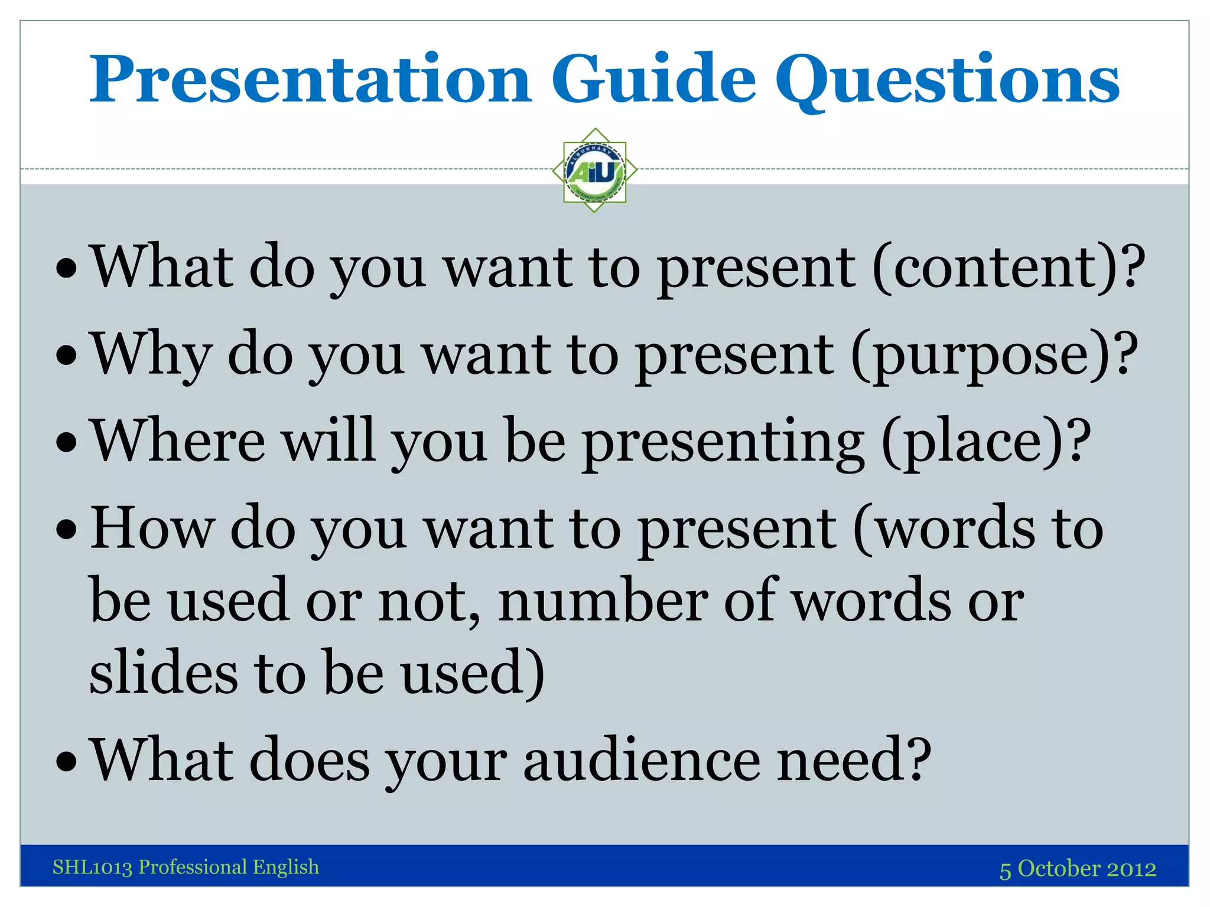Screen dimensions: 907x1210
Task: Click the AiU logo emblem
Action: [x=595, y=171]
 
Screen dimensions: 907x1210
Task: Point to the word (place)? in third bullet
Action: [x=985, y=442]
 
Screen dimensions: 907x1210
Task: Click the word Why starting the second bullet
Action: [x=151, y=355]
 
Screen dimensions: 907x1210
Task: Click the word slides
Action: [x=163, y=671]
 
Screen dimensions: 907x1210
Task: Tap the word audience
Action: [x=642, y=760]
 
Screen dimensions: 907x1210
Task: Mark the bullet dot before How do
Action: [x=67, y=530]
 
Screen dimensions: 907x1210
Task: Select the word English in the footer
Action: [x=286, y=867]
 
